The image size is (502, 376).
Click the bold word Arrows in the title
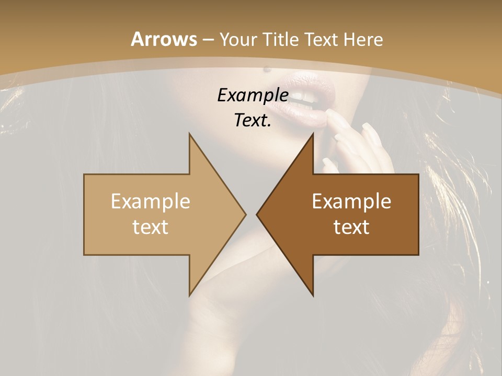click(163, 39)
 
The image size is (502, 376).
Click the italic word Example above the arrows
click(253, 95)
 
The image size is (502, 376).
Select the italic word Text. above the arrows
click(253, 120)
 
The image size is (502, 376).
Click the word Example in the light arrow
click(150, 201)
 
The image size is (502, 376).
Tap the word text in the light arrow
click(150, 227)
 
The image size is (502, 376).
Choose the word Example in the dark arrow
click(351, 201)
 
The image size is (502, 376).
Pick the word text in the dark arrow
click(351, 227)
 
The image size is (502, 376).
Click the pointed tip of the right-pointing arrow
click(246, 214)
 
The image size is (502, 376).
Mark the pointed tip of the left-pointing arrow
click(257, 214)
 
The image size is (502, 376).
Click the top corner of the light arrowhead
click(189, 134)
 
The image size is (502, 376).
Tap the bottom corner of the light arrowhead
click(189, 296)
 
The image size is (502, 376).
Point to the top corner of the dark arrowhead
click(313, 134)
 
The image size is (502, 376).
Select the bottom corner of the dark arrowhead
click(313, 296)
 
